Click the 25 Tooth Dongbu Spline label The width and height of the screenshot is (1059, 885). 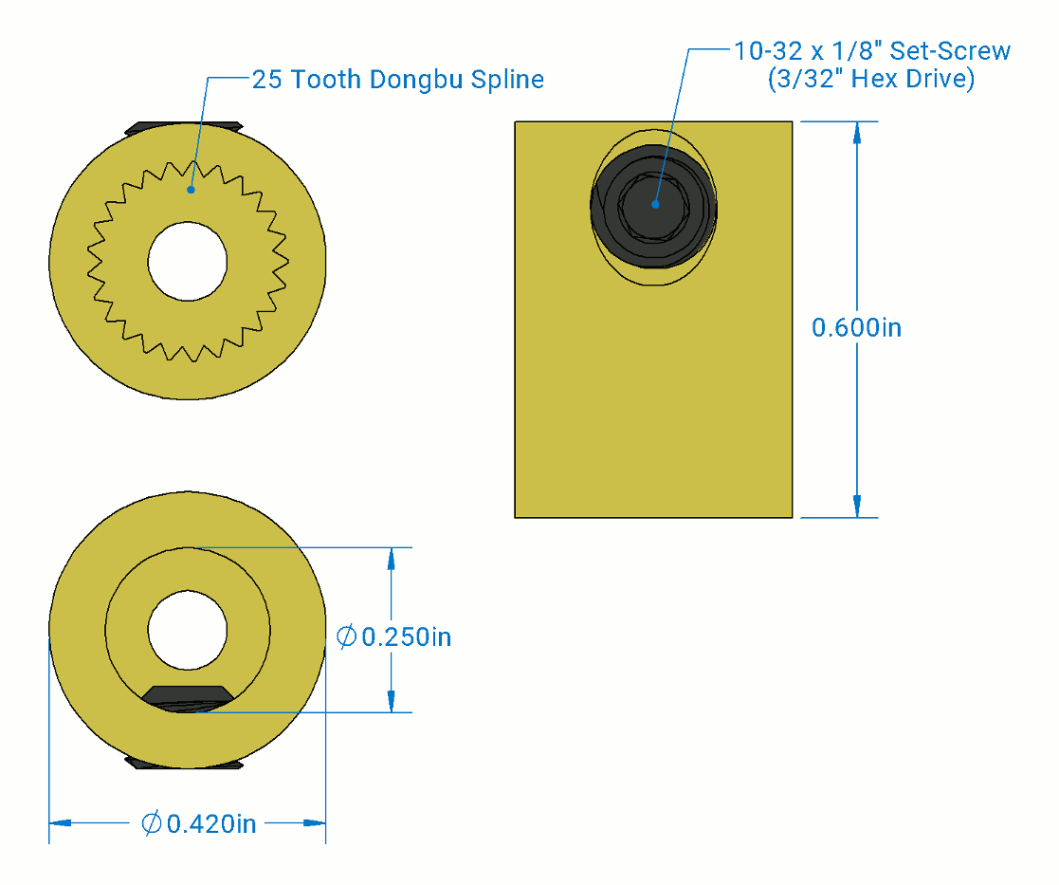click(397, 80)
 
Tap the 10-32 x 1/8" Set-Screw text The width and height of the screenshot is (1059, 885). click(872, 51)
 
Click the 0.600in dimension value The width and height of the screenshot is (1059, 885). click(856, 328)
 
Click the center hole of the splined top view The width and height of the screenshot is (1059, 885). click(187, 261)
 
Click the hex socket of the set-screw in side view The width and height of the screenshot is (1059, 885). click(654, 204)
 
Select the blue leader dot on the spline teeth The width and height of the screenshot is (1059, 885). click(191, 190)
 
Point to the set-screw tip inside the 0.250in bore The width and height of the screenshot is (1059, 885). click(187, 696)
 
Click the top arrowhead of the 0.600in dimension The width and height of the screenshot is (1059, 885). click(857, 132)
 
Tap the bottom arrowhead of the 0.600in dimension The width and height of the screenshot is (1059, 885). click(857, 507)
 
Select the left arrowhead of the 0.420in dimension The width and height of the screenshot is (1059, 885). click(60, 823)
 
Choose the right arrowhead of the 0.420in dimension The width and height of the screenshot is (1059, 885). click(315, 823)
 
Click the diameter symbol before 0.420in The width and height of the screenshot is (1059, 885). click(152, 823)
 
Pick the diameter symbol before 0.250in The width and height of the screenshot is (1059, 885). click(347, 636)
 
